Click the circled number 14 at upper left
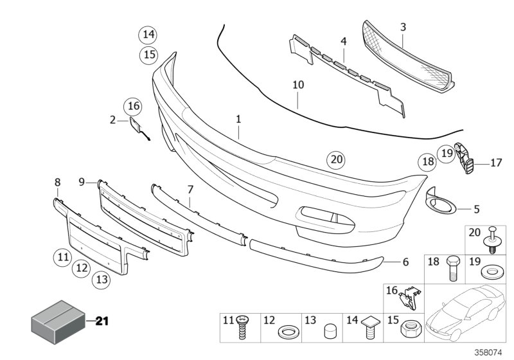[x=149, y=33]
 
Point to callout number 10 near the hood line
[x=298, y=85]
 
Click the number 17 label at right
[x=496, y=163]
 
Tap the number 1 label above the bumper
[x=238, y=119]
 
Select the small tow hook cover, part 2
[x=137, y=125]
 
